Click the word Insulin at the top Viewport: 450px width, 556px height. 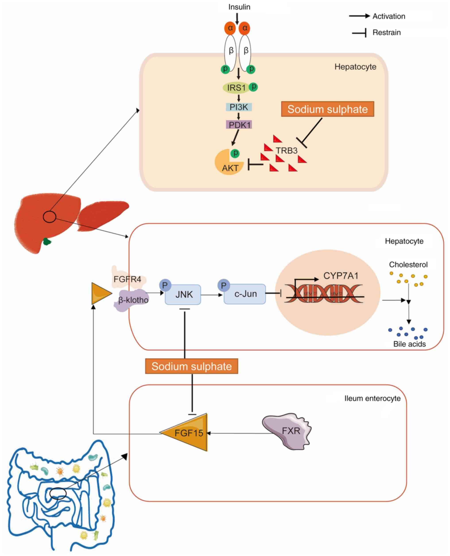click(x=239, y=7)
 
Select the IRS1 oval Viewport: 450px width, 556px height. click(x=236, y=88)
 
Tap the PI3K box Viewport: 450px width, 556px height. click(x=239, y=107)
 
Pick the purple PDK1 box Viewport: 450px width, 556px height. click(x=239, y=125)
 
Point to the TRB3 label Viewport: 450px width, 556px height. click(x=286, y=150)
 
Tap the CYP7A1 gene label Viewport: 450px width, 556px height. click(x=341, y=276)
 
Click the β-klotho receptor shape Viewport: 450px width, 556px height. click(x=131, y=300)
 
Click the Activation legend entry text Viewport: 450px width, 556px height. click(x=389, y=16)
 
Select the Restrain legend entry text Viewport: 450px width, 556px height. click(x=386, y=33)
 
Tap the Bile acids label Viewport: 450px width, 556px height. click(x=409, y=344)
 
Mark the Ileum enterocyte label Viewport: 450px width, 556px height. click(x=372, y=398)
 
